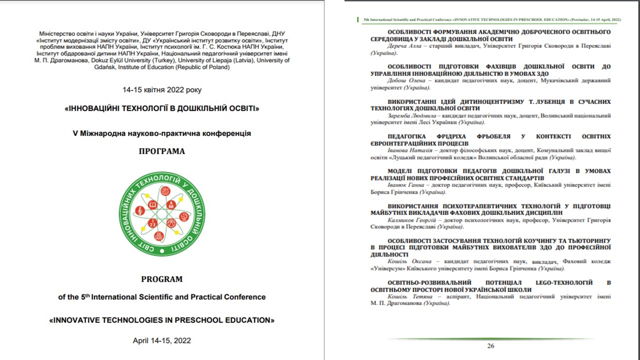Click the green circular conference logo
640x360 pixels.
coord(162,213)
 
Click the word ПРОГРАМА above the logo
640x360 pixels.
coord(161,151)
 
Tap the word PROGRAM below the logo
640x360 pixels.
coord(161,279)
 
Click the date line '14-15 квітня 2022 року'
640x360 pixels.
coord(162,90)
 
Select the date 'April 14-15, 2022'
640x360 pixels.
coord(161,340)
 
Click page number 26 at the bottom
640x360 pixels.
coord(490,346)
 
